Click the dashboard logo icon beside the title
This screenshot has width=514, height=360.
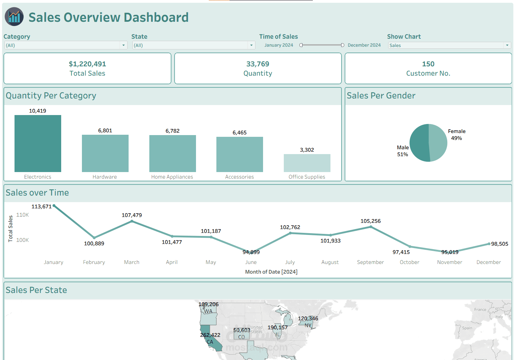14,17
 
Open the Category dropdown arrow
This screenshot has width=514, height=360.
123,45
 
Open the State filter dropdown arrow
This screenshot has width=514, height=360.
251,45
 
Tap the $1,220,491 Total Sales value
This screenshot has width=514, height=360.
87,64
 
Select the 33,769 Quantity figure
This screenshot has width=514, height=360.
258,64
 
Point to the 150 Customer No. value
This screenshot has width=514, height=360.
428,64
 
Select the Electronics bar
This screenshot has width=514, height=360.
38,143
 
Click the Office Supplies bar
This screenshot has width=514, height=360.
307,163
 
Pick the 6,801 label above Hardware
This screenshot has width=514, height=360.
105,131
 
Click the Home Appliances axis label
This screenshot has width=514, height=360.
172,177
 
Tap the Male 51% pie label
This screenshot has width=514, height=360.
403,151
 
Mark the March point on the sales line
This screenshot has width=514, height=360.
132,221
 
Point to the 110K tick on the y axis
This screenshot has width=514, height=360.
22,215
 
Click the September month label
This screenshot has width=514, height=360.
370,262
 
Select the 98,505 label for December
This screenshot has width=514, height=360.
499,244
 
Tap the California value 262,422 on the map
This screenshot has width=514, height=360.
210,335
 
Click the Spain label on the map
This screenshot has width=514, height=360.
467,328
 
